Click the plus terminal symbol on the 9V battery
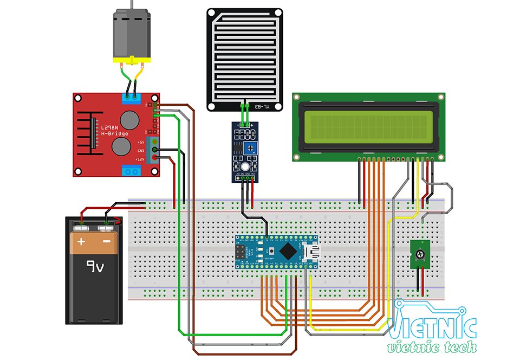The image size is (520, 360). pyautogui.click(x=82, y=241)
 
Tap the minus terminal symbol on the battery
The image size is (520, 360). pyautogui.click(x=107, y=241)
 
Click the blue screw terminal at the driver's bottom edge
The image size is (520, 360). pyautogui.click(x=132, y=171)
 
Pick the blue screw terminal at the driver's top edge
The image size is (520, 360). pyautogui.click(x=132, y=98)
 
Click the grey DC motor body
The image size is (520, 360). pyautogui.click(x=131, y=34)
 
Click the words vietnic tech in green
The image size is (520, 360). pyautogui.click(x=432, y=347)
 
